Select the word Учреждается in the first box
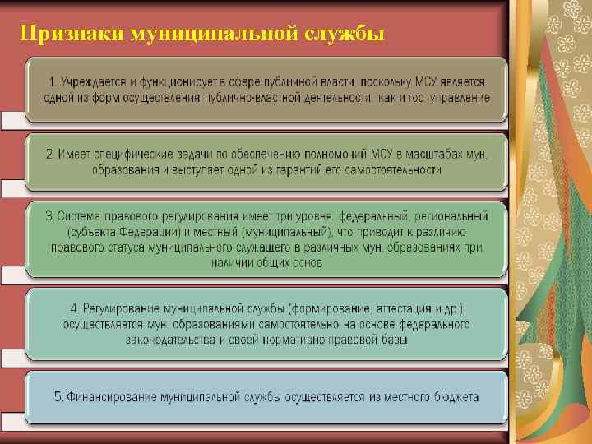pos(97,82)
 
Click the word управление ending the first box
pos(459,97)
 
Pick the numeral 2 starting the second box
pos(49,155)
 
